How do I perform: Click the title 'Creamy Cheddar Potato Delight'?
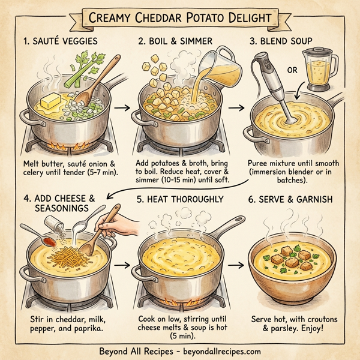(179, 17)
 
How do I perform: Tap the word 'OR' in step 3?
(293, 70)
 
